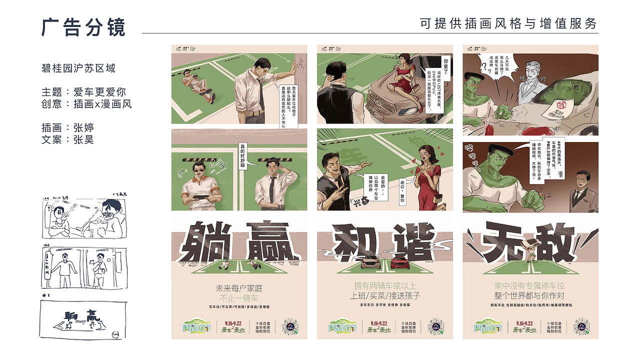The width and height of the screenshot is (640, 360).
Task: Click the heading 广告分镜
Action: (x=83, y=27)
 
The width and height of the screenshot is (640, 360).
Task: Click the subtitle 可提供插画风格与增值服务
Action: (x=508, y=23)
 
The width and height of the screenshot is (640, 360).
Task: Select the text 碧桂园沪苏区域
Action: (x=78, y=68)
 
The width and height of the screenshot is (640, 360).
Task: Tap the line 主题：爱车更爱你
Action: (x=83, y=92)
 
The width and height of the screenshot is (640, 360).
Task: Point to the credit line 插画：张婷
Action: (x=68, y=127)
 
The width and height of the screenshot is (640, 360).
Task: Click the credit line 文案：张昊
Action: (x=68, y=139)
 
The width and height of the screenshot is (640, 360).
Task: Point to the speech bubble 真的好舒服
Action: (x=243, y=155)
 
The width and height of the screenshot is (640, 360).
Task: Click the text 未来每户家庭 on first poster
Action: (x=239, y=288)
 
